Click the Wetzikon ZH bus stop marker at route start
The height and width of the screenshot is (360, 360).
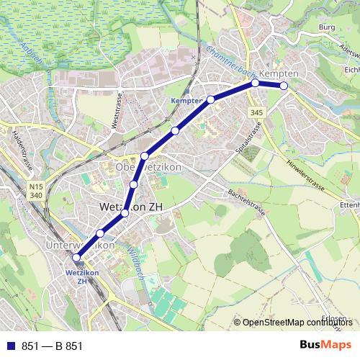click(x=76, y=257)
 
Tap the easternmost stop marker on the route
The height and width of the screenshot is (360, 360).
click(x=284, y=86)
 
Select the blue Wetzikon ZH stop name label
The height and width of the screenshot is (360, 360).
click(x=76, y=276)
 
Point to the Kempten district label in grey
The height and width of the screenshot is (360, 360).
click(x=277, y=74)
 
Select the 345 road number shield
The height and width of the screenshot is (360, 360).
click(x=257, y=112)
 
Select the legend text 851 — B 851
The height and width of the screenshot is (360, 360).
click(x=52, y=346)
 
